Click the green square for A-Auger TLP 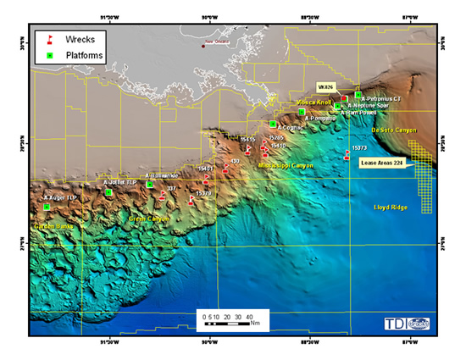coord(47,207)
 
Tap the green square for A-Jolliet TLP coord(108,192)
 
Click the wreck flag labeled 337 coord(162,195)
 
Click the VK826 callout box coord(326,86)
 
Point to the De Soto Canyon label coord(394,130)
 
